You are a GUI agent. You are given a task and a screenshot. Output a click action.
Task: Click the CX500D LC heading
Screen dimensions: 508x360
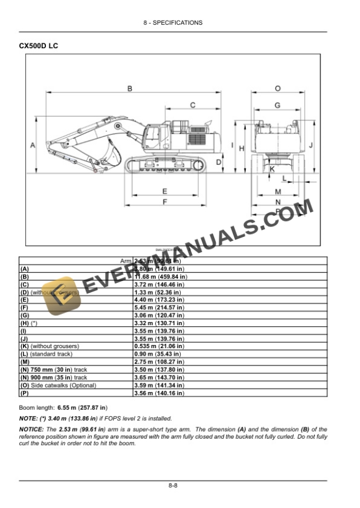pyautogui.click(x=39, y=45)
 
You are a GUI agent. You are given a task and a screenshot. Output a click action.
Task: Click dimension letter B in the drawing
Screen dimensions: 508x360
pyautogui.click(x=129, y=88)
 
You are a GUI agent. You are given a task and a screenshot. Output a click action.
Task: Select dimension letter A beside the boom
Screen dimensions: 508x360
pyautogui.click(x=32, y=144)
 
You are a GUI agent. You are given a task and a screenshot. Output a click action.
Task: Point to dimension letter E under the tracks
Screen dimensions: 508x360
pyautogui.click(x=165, y=191)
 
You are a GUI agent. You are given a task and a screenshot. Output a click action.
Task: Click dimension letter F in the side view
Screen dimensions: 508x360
pyautogui.click(x=165, y=202)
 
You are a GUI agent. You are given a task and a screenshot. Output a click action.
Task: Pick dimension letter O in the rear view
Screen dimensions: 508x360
pyautogui.click(x=277, y=88)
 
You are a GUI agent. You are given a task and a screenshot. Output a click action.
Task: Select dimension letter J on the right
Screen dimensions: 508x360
pyautogui.click(x=311, y=144)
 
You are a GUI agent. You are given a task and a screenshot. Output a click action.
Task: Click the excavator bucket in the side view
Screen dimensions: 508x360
pyautogui.click(x=109, y=154)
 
